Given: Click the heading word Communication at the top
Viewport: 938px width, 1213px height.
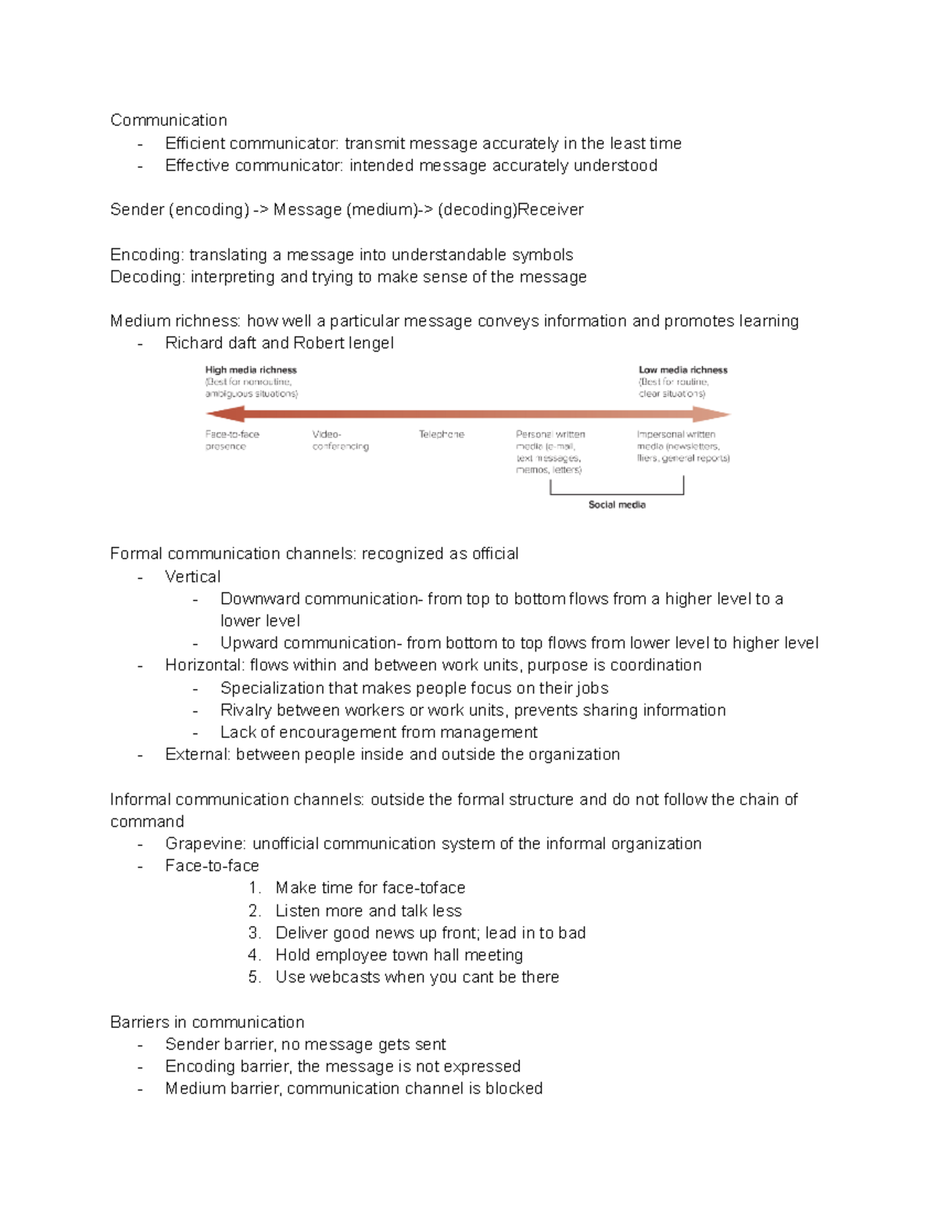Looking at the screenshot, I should tap(168, 120).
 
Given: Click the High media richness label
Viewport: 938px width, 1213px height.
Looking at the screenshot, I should tap(251, 370).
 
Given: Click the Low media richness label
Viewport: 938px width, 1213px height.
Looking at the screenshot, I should tap(682, 370).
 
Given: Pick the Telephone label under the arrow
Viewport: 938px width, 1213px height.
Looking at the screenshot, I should tap(441, 434).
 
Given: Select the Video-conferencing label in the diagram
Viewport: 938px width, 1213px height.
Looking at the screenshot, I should tap(340, 441).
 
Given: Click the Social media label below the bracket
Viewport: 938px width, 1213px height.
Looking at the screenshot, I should tap(617, 505).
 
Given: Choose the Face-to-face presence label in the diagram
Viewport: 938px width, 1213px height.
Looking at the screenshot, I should tap(232, 441).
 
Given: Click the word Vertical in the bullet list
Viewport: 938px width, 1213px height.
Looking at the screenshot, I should tap(192, 577).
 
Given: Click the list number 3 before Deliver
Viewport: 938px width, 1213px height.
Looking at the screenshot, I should tap(253, 933).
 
